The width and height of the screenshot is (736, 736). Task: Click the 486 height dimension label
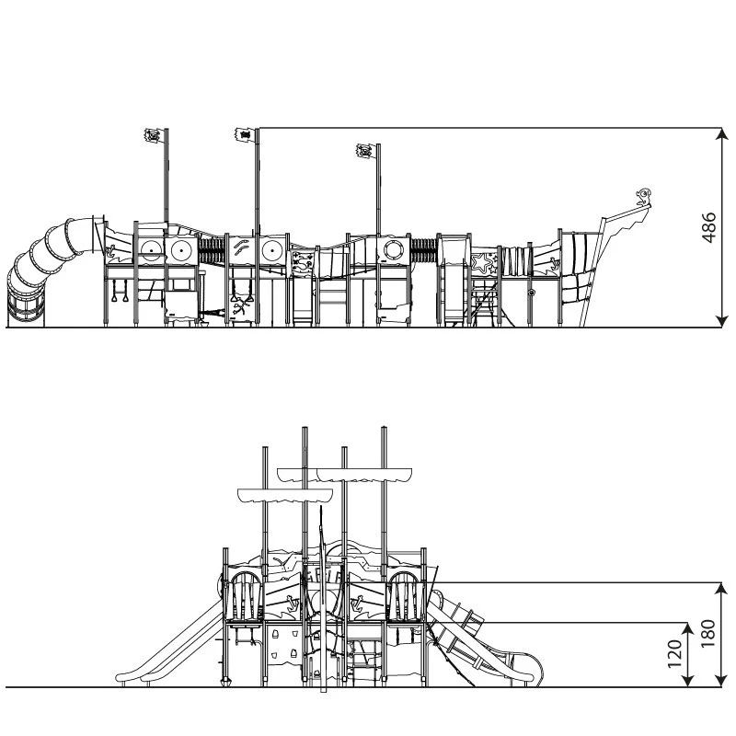pyautogui.click(x=709, y=227)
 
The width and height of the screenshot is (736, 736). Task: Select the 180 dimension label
pyautogui.click(x=708, y=634)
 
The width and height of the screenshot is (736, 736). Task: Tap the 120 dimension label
pyautogui.click(x=674, y=654)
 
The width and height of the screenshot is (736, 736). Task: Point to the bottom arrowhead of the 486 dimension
pyautogui.click(x=722, y=321)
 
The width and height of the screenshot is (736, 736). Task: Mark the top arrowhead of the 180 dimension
pyautogui.click(x=722, y=589)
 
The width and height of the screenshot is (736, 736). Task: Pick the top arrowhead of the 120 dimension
pyautogui.click(x=687, y=629)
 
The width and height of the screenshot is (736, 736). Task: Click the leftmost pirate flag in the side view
pyautogui.click(x=153, y=135)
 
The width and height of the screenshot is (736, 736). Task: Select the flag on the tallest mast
pyautogui.click(x=244, y=134)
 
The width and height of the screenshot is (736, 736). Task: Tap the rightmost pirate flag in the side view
pyautogui.click(x=365, y=151)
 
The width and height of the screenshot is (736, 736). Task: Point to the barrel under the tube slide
pyautogui.click(x=26, y=305)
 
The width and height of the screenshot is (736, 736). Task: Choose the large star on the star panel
pyautogui.click(x=480, y=263)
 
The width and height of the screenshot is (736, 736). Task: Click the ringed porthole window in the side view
pyautogui.click(x=393, y=249)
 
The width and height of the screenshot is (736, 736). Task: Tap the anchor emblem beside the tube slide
pyautogui.click(x=111, y=250)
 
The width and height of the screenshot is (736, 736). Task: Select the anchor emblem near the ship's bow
pyautogui.click(x=554, y=264)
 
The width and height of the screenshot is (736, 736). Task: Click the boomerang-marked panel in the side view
pyautogui.click(x=243, y=248)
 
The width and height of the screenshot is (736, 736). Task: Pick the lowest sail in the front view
pyautogui.click(x=285, y=495)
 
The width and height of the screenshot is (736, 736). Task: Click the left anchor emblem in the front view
pyautogui.click(x=293, y=603)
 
